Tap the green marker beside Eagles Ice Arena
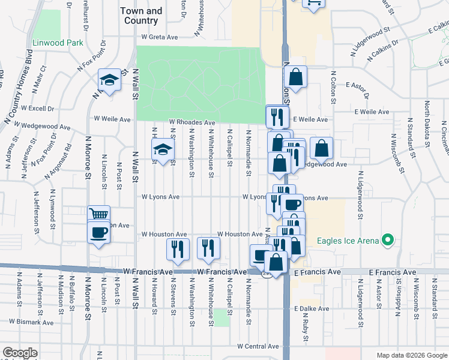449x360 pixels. [x=388, y=241]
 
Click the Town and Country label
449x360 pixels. [x=141, y=16]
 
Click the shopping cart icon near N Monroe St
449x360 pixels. [x=98, y=214]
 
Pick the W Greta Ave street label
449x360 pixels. [x=160, y=37]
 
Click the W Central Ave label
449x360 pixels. [x=258, y=346]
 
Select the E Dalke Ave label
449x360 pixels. [x=312, y=309]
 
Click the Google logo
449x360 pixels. [x=20, y=353]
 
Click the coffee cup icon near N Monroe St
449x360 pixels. [x=98, y=232]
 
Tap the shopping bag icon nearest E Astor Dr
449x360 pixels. [x=297, y=77]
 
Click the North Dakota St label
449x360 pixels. [x=427, y=124]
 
